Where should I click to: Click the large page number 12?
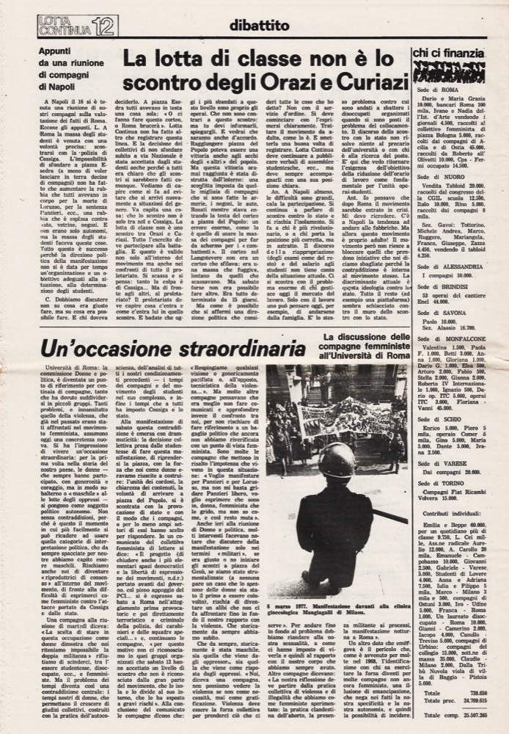coord(103,26)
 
